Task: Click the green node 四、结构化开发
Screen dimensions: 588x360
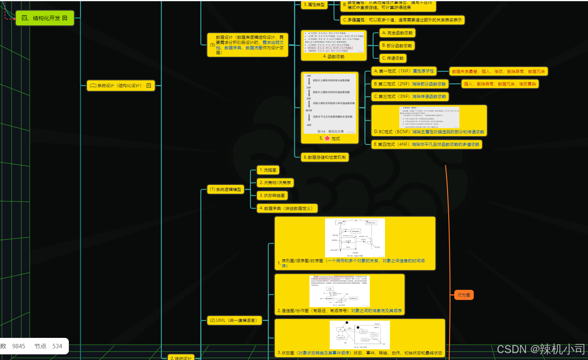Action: [x=44, y=18]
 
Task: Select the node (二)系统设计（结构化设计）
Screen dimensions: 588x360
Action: [x=120, y=86]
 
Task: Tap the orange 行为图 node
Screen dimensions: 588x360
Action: [x=464, y=295]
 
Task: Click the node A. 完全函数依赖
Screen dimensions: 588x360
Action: [x=397, y=33]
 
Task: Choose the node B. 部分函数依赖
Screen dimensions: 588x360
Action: [x=397, y=46]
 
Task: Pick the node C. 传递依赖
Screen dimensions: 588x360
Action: [x=393, y=58]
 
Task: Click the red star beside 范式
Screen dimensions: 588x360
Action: [x=327, y=139]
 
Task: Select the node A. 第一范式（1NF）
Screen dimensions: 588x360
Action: [x=404, y=71]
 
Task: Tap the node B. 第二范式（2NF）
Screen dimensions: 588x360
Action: [x=410, y=84]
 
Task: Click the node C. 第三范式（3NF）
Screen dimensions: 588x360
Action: [x=410, y=97]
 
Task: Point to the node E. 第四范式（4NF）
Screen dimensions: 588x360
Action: [x=426, y=145]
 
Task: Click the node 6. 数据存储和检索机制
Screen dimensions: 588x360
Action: [x=325, y=157]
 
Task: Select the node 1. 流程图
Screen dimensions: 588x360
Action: [x=268, y=170]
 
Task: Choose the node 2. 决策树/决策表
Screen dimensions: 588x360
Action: [x=275, y=183]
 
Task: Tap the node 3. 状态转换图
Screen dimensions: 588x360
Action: [x=272, y=196]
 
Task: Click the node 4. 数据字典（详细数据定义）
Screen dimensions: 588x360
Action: [x=287, y=209]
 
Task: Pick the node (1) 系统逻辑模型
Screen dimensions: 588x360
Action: [x=226, y=189]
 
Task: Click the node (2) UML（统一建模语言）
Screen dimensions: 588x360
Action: [x=234, y=321]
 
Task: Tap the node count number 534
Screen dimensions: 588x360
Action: [x=57, y=346]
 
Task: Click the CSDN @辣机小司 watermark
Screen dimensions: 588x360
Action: [x=540, y=349]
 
